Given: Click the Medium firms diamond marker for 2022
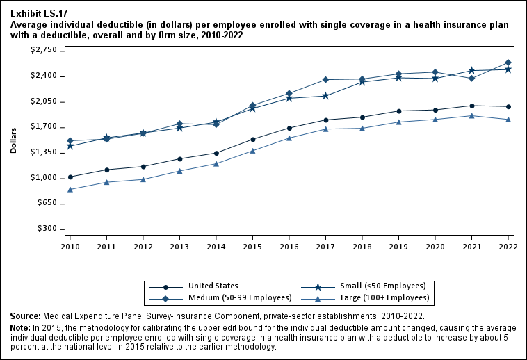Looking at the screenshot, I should (508, 63).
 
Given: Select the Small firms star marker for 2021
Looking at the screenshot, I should (472, 70).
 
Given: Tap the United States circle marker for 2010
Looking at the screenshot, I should (70, 177).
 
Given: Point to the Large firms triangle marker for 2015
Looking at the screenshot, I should (252, 151).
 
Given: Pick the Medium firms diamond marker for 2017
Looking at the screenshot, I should (326, 79).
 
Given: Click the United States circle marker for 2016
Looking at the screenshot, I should (289, 128).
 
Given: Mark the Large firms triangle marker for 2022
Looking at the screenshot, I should (508, 120).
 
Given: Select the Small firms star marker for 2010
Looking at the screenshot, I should (70, 146).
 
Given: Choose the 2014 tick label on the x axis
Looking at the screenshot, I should (216, 246).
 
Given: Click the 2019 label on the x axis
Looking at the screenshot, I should (398, 246).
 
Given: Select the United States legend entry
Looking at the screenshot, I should (213, 286).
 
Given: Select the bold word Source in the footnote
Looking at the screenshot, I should (25, 316).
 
